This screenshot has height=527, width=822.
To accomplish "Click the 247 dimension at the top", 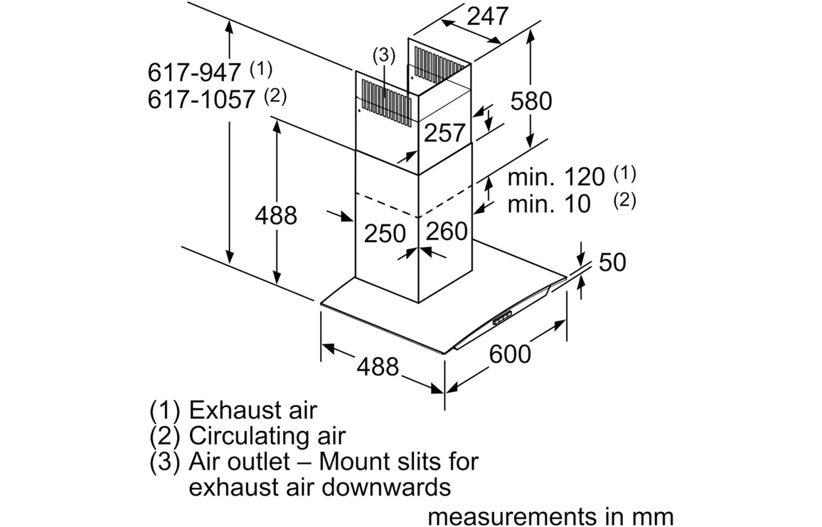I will click(488, 16).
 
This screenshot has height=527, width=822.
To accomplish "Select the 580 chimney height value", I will click(530, 101).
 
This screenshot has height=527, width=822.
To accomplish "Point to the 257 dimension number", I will click(444, 132).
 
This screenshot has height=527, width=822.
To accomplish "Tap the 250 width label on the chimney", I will click(385, 233).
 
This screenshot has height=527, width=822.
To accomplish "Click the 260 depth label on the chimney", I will click(447, 231).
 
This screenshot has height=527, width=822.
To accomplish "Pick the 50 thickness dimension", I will click(612, 262).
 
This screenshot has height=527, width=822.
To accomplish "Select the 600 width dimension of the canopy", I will click(510, 353).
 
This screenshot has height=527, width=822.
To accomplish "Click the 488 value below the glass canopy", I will click(377, 366).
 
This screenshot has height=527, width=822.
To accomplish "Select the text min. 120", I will click(555, 177).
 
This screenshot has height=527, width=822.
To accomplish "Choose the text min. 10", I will click(549, 205).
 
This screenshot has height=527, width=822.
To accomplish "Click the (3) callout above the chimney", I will click(383, 55).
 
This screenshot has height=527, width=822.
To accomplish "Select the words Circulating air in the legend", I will click(267, 435).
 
